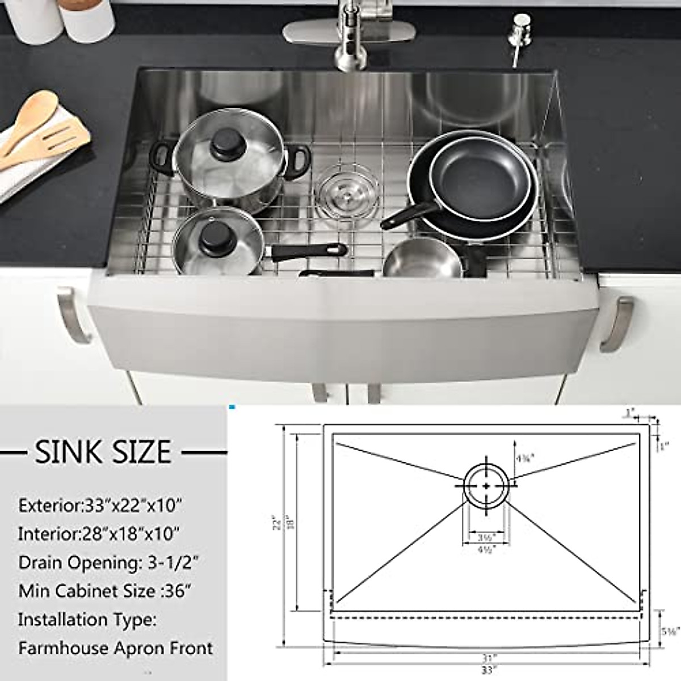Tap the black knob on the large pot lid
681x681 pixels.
tap(224, 147)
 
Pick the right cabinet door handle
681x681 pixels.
tap(616, 323)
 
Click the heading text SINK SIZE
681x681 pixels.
tap(103, 452)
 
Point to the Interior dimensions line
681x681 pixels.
tap(99, 533)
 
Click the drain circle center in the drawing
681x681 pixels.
tap(487, 486)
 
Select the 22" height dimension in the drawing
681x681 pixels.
tap(277, 522)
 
